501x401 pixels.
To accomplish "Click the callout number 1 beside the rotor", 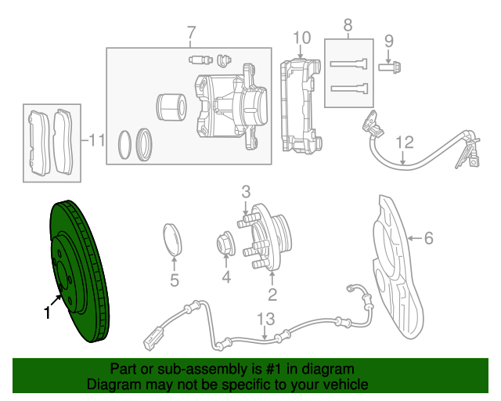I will [x=47, y=313].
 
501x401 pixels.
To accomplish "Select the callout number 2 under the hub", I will [x=272, y=294].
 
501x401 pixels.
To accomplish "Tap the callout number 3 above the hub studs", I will [x=245, y=191].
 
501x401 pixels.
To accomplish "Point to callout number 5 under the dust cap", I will [x=174, y=280].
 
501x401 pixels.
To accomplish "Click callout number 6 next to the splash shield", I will [x=428, y=238].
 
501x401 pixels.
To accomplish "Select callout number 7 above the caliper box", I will [x=189, y=33].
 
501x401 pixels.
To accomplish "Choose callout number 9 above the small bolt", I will [x=389, y=41].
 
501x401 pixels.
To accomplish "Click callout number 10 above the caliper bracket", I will [x=301, y=38].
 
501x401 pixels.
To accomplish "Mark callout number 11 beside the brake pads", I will [x=96, y=141].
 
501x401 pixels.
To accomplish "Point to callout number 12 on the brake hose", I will [x=403, y=142].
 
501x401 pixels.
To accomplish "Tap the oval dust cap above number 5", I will [x=174, y=239].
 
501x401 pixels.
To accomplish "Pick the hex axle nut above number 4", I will [x=225, y=245].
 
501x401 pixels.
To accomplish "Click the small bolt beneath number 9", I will [x=388, y=67].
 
